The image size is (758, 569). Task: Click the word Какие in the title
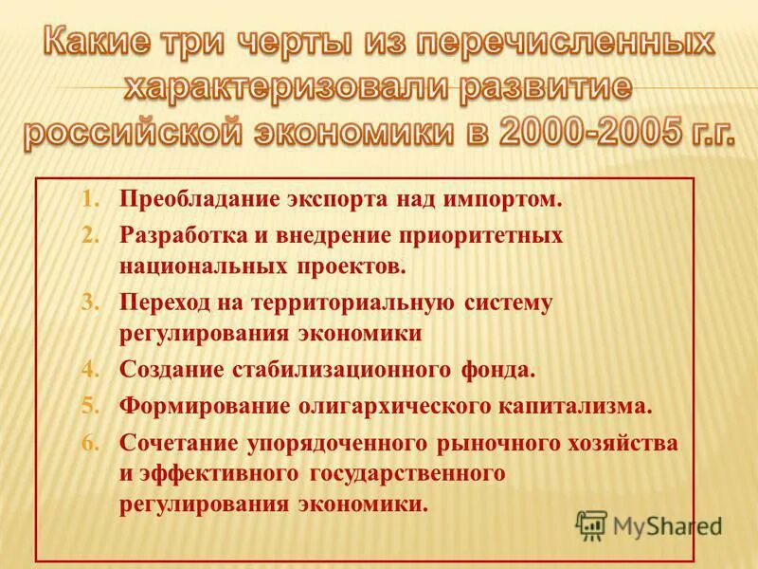click(99, 44)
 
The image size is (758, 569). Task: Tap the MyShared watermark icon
click(592, 524)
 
